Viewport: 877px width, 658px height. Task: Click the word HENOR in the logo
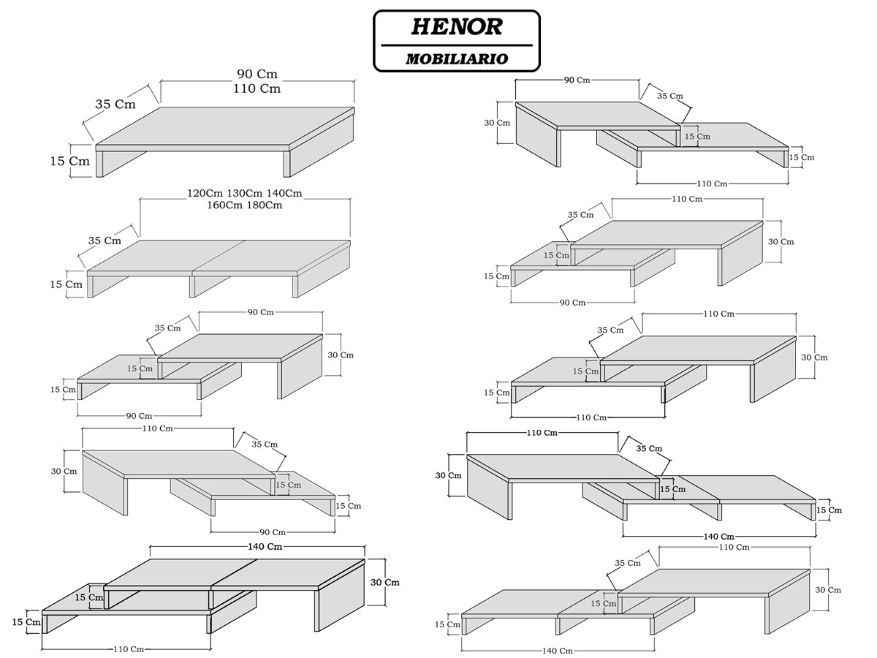point(457,27)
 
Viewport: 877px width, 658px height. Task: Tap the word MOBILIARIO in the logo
point(457,58)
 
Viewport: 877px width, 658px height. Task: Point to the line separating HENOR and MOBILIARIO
point(457,45)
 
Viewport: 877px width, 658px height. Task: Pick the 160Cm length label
point(224,205)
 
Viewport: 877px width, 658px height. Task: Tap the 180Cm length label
point(265,205)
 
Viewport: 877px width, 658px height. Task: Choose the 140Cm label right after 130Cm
point(284,194)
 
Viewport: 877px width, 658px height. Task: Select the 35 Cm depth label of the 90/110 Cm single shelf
point(115,105)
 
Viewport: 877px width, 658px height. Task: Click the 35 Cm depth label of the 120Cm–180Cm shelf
point(105,241)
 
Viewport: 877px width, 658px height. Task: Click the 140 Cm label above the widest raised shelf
point(264,547)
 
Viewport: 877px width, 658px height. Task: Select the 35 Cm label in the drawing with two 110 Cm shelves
point(611,330)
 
